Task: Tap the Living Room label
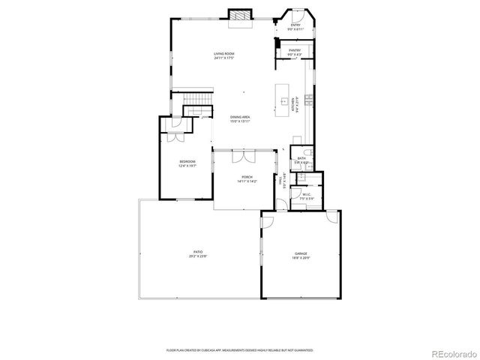click(224, 55)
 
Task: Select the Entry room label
click(295, 26)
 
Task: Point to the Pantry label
click(295, 52)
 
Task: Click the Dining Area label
click(241, 118)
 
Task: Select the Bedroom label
click(187, 163)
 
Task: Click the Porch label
click(247, 179)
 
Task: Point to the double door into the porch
click(243, 156)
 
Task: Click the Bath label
click(301, 160)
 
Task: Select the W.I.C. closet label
click(306, 196)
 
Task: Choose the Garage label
click(301, 256)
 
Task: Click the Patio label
click(198, 253)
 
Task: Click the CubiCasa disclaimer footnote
click(240, 349)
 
